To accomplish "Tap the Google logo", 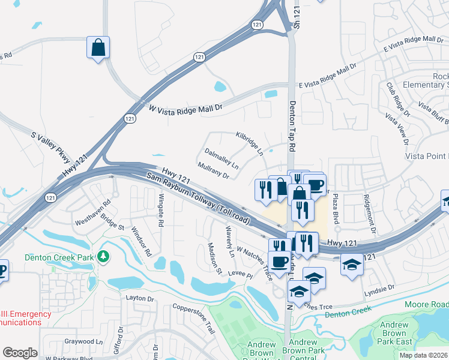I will (x=20, y=353).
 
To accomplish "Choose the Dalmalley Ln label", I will (x=221, y=159).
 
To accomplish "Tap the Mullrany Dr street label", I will (x=213, y=172).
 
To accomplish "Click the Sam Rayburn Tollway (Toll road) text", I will (x=199, y=197).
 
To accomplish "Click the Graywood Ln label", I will (x=84, y=341).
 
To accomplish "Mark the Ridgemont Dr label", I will (x=369, y=213).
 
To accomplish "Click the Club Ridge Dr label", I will (x=397, y=100).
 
